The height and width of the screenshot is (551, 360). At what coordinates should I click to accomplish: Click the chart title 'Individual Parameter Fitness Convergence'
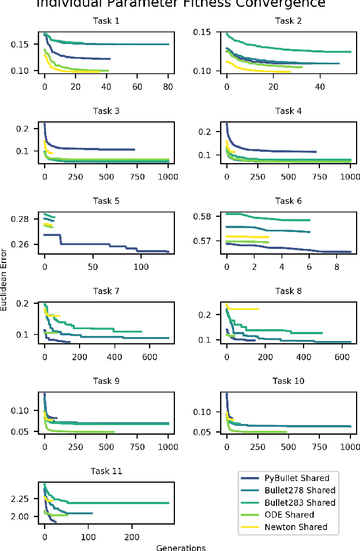[181, 4]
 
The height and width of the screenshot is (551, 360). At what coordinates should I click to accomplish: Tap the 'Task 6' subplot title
[288, 201]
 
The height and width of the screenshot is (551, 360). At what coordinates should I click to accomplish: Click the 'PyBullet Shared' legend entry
[297, 478]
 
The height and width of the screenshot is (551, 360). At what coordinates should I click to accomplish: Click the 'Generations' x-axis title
[181, 546]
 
